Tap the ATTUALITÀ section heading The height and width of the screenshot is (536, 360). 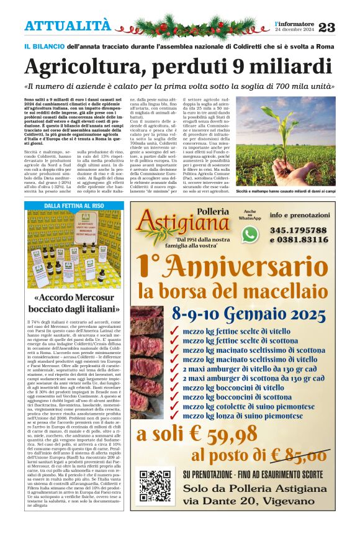point(68,25)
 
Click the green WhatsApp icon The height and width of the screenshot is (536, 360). point(250,234)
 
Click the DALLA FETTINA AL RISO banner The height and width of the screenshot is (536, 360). point(74,206)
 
